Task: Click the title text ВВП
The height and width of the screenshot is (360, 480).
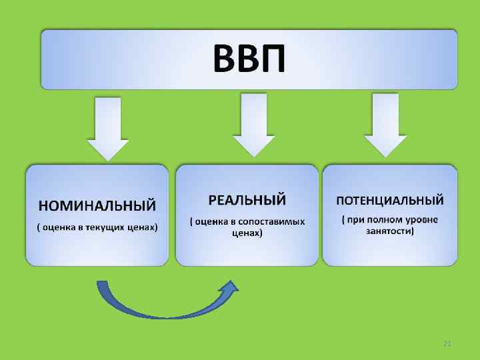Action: click(249, 58)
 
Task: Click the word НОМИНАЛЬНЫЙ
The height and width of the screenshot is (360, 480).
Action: click(97, 203)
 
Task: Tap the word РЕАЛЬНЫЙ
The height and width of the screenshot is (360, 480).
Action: click(247, 199)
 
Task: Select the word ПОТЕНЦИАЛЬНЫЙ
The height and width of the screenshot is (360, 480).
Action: click(390, 199)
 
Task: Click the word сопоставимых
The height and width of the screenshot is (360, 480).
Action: click(273, 221)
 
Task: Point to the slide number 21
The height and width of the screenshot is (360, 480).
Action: click(447, 343)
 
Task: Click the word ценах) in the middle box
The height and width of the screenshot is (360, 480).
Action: click(247, 233)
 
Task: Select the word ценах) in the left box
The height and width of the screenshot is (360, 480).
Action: click(143, 227)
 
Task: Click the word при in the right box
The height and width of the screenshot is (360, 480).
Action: click(355, 219)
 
